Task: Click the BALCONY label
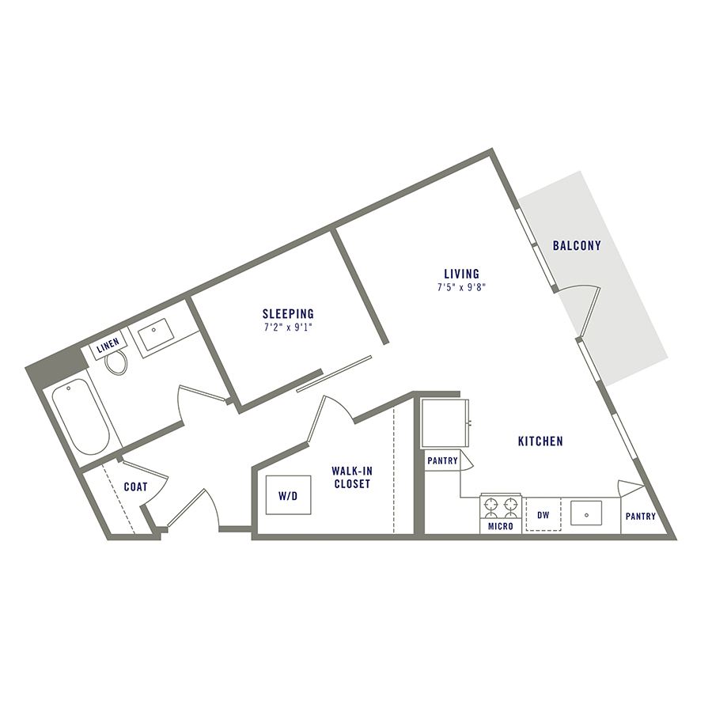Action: [x=577, y=246]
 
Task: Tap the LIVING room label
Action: [x=461, y=275]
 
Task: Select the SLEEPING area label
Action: [x=288, y=313]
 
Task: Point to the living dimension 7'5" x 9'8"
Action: [x=461, y=288]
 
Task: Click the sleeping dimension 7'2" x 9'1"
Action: [x=288, y=327]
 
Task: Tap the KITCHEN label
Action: [x=540, y=441]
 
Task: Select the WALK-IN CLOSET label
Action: [x=351, y=477]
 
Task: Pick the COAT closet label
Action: [x=135, y=487]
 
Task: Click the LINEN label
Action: [x=108, y=348]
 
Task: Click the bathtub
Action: [x=81, y=416]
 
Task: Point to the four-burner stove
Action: [x=501, y=506]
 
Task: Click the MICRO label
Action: [x=501, y=526]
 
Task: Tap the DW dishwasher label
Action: [x=543, y=515]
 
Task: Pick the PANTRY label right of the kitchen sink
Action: [x=640, y=517]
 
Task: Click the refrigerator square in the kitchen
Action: [x=445, y=423]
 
